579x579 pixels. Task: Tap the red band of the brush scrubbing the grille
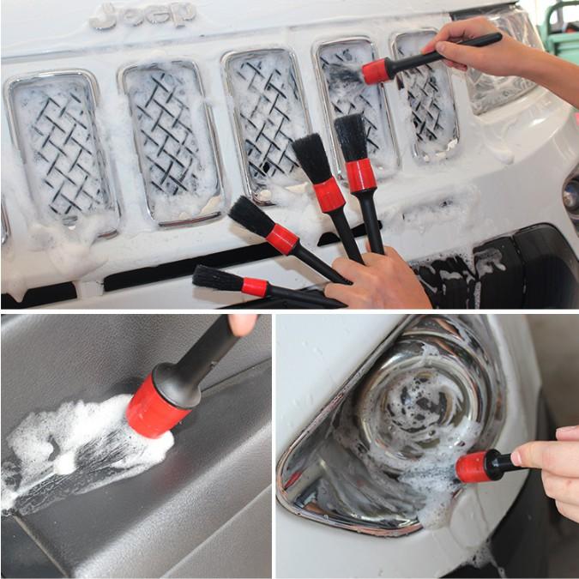(376, 71)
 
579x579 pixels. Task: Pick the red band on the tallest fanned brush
(360, 175)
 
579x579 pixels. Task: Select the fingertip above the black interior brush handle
(243, 323)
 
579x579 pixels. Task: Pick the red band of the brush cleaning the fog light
(473, 467)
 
